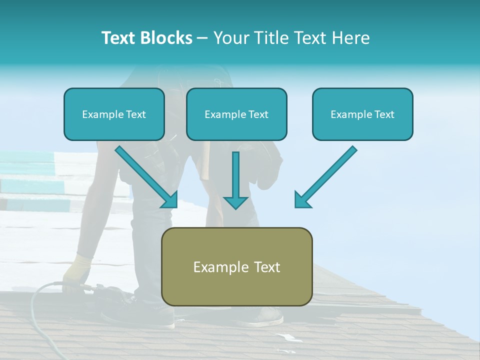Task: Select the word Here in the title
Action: pyautogui.click(x=351, y=37)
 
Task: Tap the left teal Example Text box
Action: pyautogui.click(x=114, y=114)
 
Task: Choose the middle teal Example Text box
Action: pyautogui.click(x=236, y=114)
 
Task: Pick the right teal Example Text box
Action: pyautogui.click(x=362, y=114)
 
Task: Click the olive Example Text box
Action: pyautogui.click(x=236, y=266)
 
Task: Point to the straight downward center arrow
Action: pyautogui.click(x=235, y=180)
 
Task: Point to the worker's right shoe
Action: pyautogui.click(x=267, y=316)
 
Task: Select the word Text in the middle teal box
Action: pyautogui.click(x=257, y=114)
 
